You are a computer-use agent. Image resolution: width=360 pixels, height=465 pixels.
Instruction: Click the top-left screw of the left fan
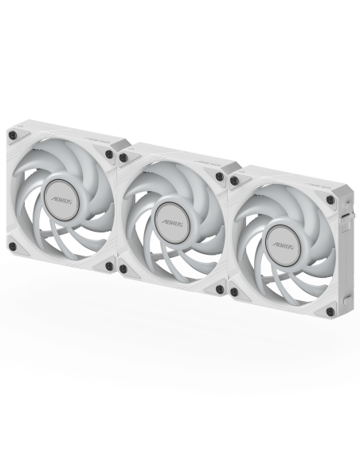[12, 136]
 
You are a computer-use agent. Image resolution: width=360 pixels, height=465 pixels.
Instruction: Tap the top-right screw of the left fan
[110, 154]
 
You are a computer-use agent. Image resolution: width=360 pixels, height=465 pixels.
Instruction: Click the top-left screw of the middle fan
[123, 158]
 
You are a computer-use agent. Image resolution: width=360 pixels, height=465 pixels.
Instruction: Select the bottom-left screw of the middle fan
[123, 269]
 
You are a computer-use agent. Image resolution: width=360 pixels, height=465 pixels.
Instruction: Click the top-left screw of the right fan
[233, 181]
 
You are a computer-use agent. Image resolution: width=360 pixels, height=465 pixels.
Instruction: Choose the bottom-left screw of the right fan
[233, 292]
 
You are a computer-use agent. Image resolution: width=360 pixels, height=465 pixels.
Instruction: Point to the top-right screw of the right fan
[331, 200]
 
